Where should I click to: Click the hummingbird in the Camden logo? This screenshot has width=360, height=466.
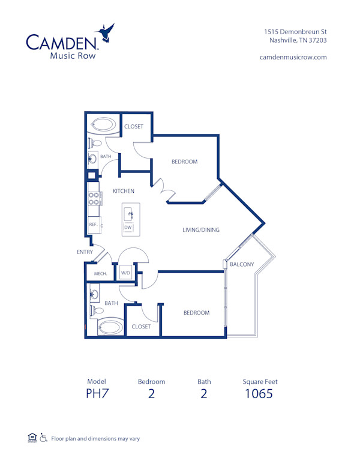click(x=107, y=35)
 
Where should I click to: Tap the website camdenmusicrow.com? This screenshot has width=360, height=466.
click(x=293, y=57)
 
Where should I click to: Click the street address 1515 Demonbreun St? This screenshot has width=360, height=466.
click(x=295, y=31)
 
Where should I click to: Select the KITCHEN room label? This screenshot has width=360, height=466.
click(x=124, y=191)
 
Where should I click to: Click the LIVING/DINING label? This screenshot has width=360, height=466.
click(x=201, y=229)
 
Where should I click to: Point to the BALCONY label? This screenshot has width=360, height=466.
click(x=242, y=264)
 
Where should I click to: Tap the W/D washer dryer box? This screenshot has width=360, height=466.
click(x=125, y=273)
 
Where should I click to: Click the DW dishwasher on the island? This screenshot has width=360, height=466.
click(x=128, y=228)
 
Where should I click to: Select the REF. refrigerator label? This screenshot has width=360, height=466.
click(x=93, y=225)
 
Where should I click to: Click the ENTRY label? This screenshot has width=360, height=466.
click(x=85, y=252)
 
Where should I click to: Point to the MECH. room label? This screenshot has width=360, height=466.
click(x=100, y=274)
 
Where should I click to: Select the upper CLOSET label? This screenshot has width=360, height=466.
click(x=134, y=127)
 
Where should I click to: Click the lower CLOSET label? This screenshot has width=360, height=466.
click(x=141, y=327)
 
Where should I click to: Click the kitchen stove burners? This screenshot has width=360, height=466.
click(x=94, y=195)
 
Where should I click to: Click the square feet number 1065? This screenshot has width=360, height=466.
click(x=259, y=394)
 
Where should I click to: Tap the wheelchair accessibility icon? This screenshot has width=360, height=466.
click(x=43, y=438)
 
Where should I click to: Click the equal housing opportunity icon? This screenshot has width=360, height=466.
click(x=32, y=438)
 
